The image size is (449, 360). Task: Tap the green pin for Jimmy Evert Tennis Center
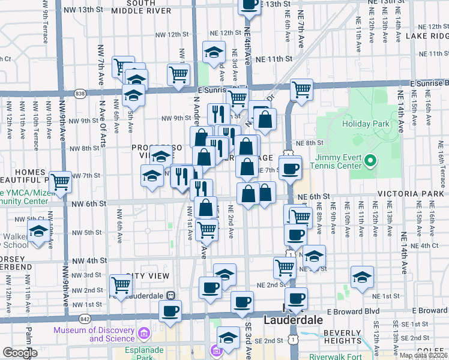[x=370, y=160]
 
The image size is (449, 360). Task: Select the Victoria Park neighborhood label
[x=412, y=195]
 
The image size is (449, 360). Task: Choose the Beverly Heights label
[x=342, y=337]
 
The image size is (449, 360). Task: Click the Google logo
[x=20, y=353]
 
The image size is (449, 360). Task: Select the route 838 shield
[x=80, y=93]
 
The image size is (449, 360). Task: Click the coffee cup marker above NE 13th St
[x=250, y=4]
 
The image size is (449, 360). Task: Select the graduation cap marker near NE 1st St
[x=362, y=278]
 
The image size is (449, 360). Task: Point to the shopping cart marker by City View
[x=121, y=285]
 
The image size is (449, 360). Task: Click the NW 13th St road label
[x=82, y=10]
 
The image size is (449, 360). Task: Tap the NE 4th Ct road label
[x=425, y=245]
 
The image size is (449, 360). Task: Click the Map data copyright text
[x=424, y=355]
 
